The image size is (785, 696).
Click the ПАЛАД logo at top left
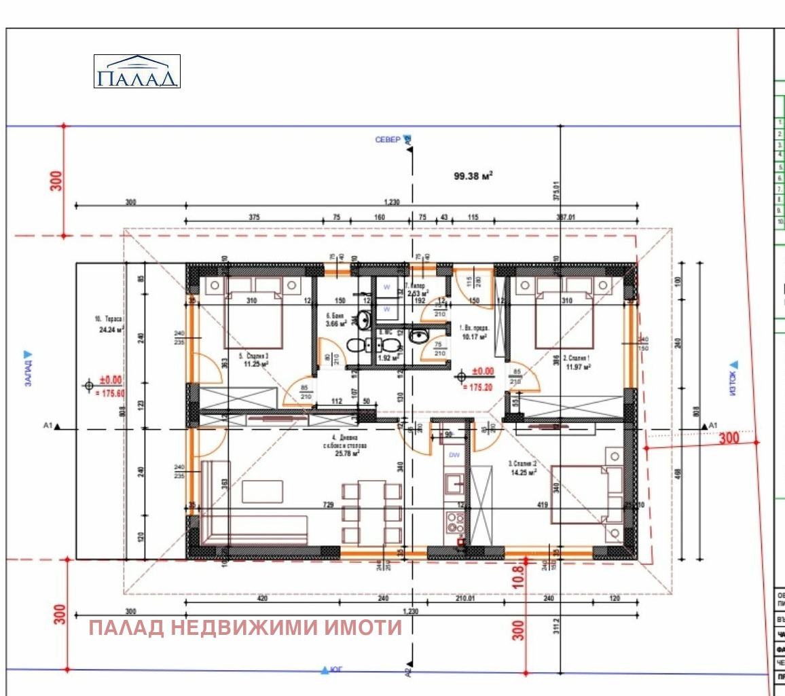click(x=136, y=71)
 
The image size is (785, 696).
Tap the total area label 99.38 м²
click(x=473, y=175)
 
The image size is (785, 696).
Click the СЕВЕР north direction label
click(x=388, y=140)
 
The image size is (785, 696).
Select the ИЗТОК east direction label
click(x=733, y=379)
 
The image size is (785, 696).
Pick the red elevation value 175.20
click(x=479, y=387)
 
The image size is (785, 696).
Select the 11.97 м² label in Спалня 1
click(x=578, y=367)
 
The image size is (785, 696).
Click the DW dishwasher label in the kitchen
click(x=454, y=455)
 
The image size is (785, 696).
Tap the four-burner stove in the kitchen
click(x=455, y=522)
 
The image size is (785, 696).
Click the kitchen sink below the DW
click(x=454, y=483)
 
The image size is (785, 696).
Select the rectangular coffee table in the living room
click(x=262, y=492)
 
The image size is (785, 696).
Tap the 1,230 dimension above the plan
click(x=392, y=202)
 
